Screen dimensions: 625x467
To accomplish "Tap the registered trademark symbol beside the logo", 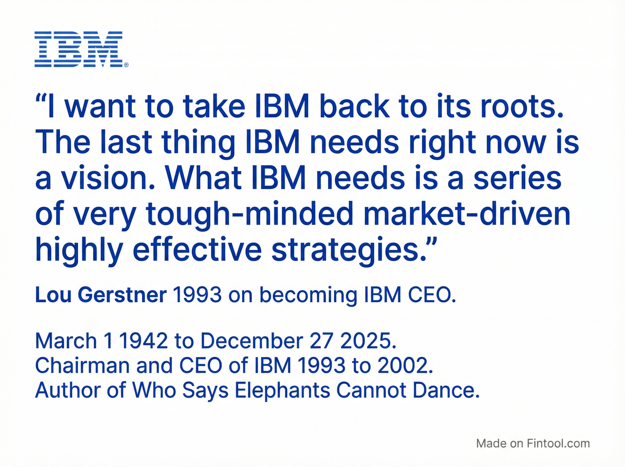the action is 126,65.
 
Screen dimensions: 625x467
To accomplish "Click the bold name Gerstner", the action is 122,295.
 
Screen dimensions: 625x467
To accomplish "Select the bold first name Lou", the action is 53,295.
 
